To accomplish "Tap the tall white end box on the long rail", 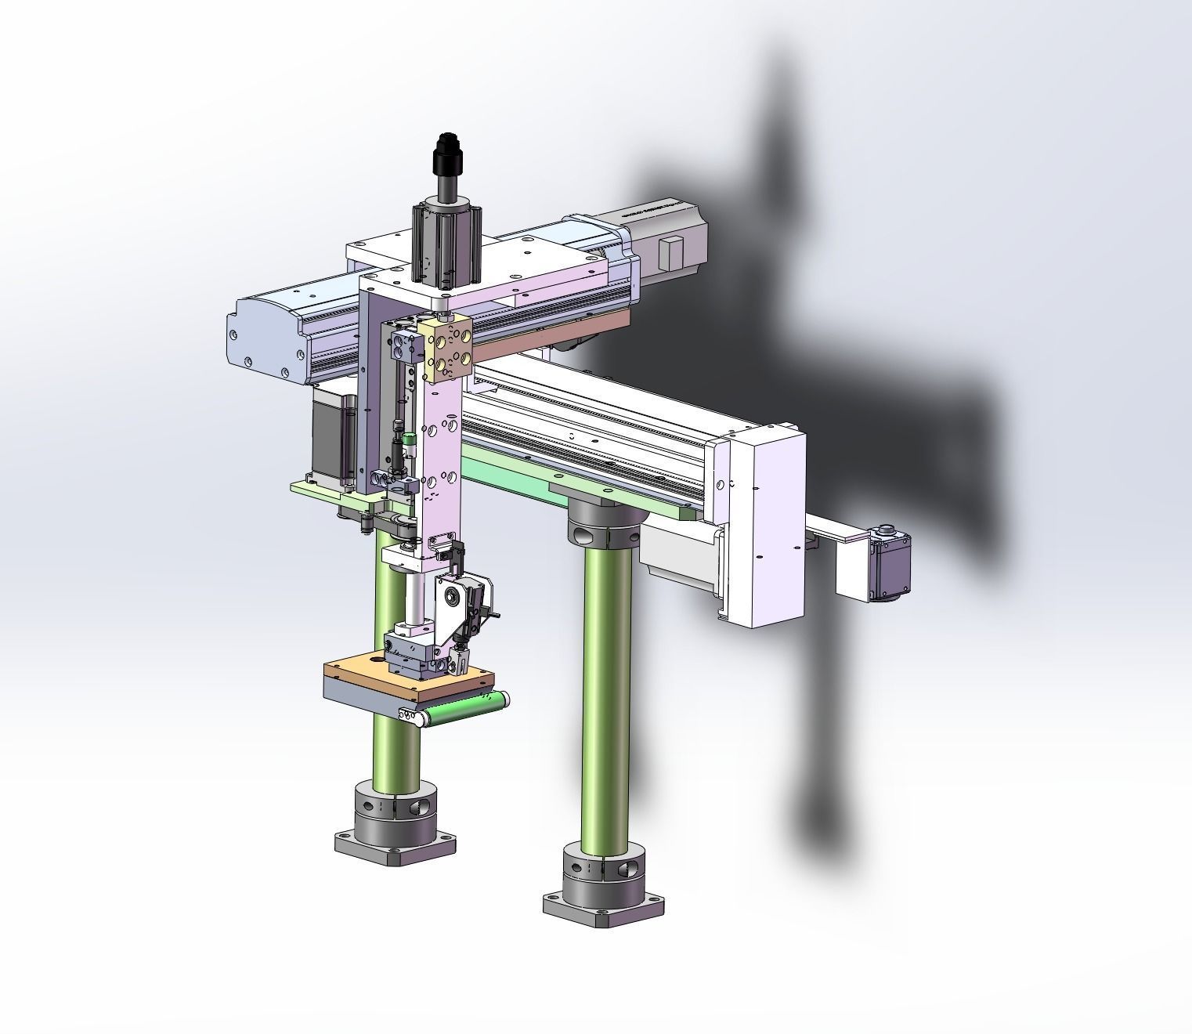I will coord(764,517).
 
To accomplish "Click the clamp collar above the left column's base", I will coord(395,811).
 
